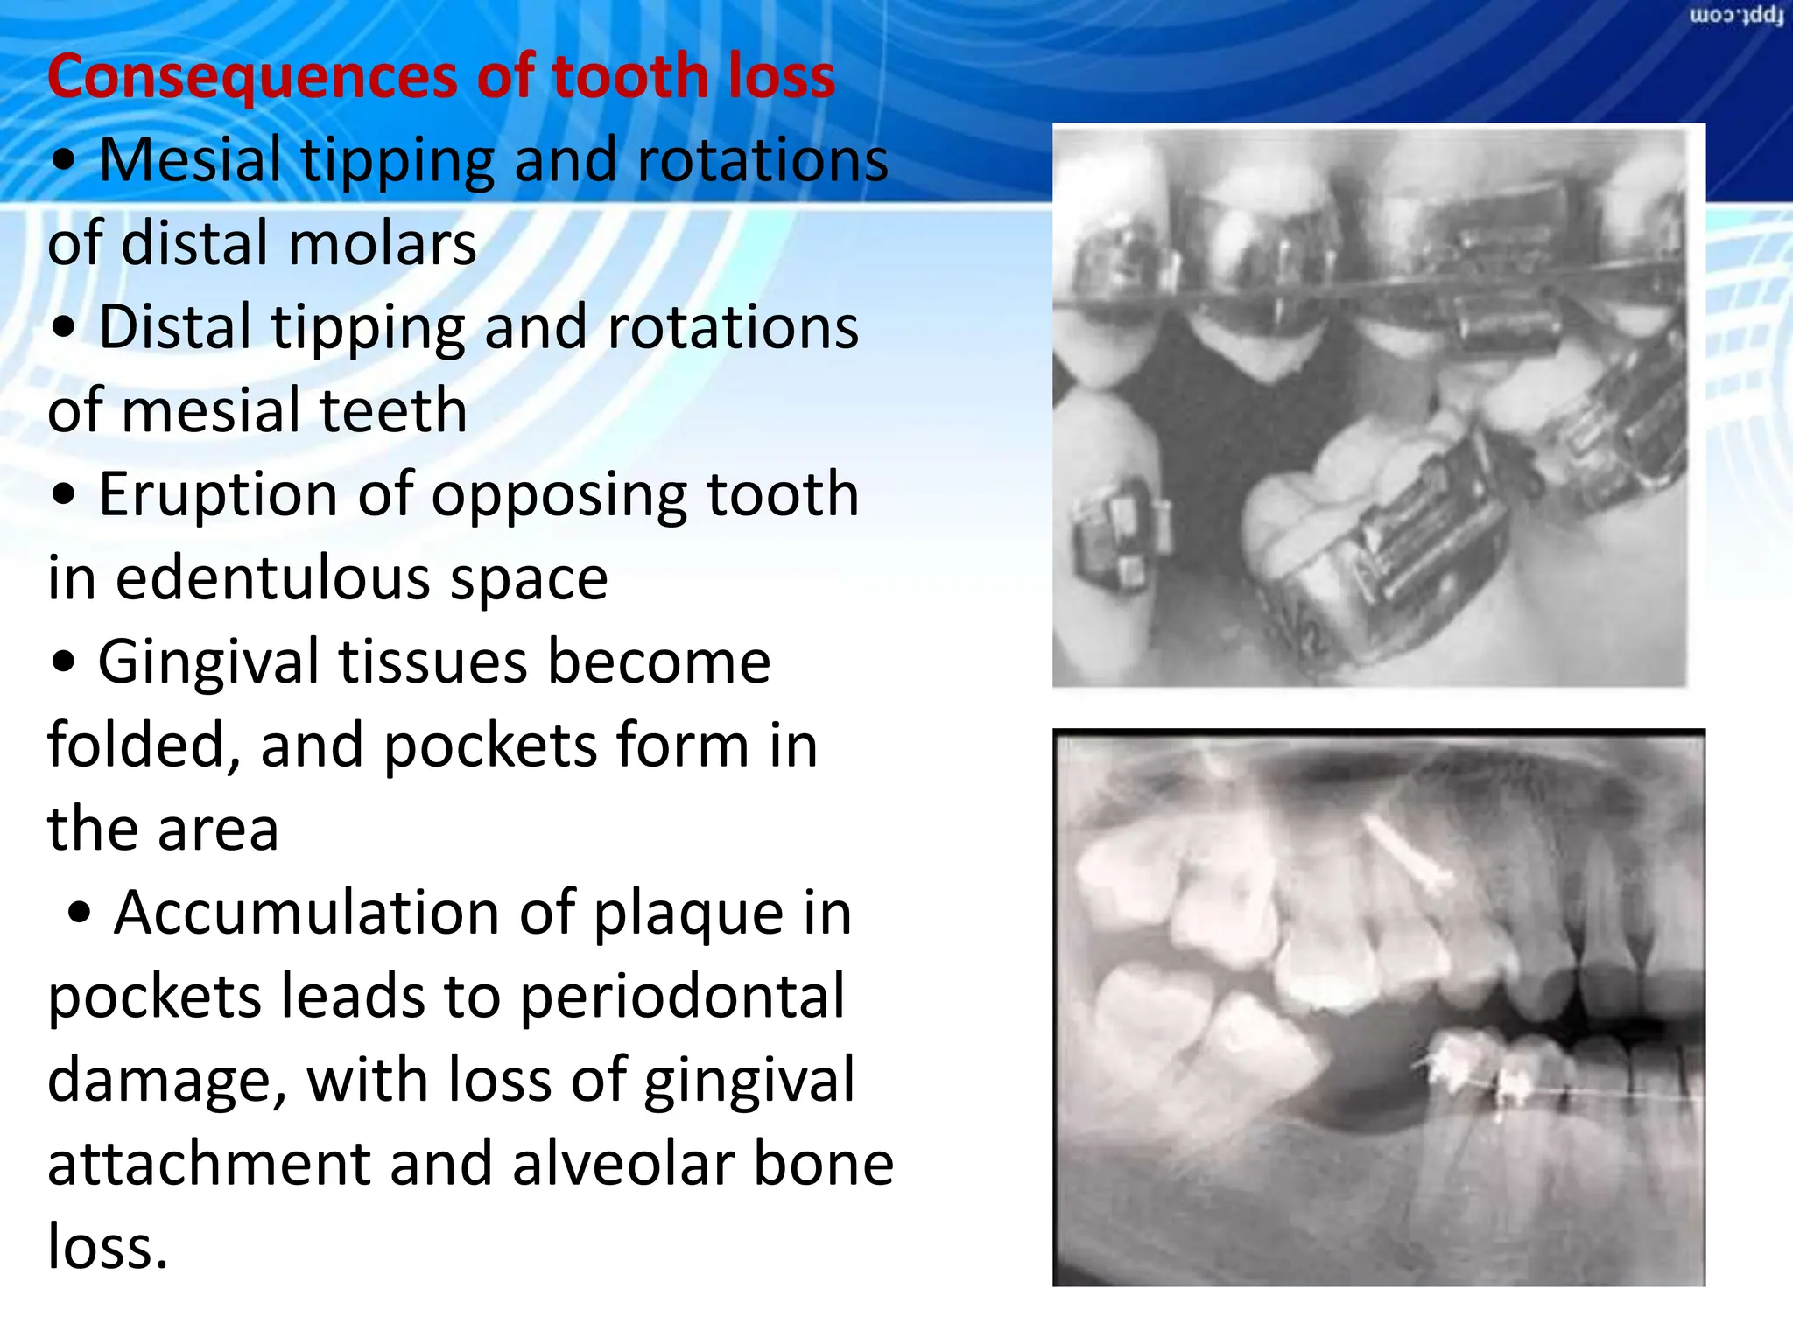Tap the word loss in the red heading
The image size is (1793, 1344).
tap(770, 77)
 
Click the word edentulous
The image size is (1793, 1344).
tap(271, 579)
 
